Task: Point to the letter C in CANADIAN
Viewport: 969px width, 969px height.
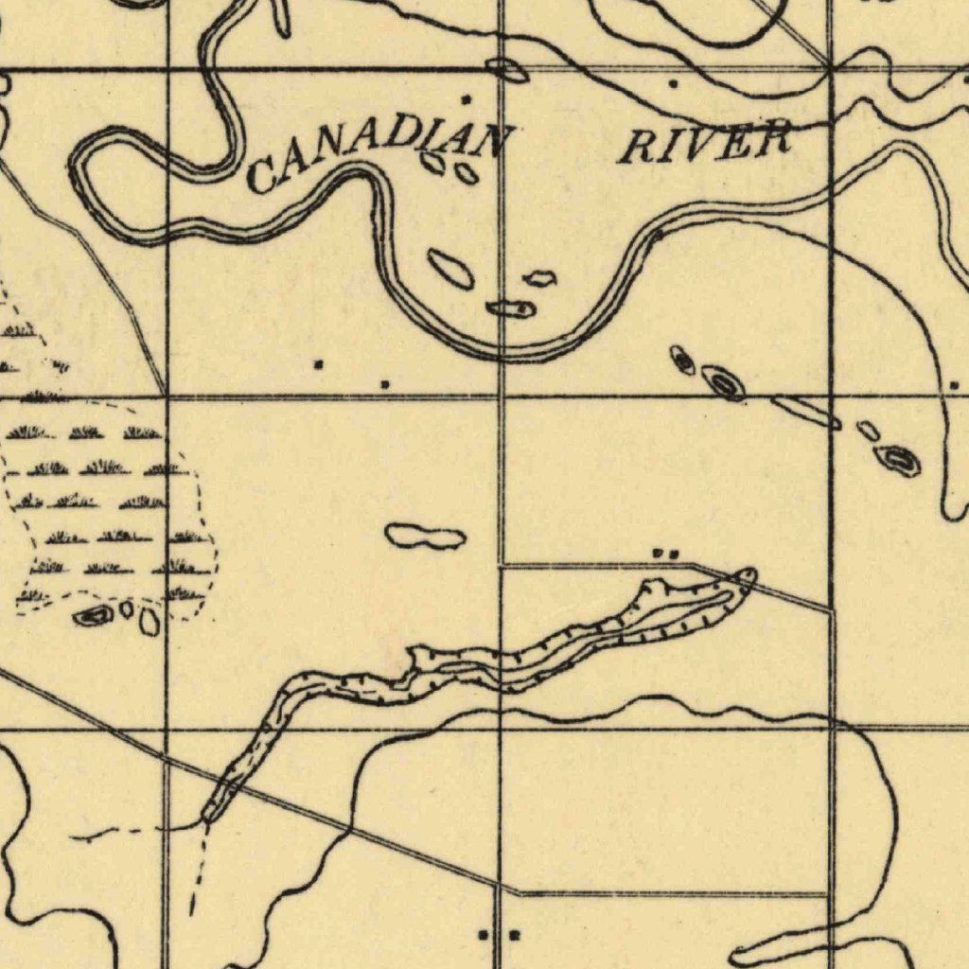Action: pyautogui.click(x=259, y=175)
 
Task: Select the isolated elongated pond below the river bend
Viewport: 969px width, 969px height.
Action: pyautogui.click(x=426, y=537)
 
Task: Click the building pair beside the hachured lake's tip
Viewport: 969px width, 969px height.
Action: pyautogui.click(x=666, y=553)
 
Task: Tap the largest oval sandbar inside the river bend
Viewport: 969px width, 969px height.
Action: pyautogui.click(x=450, y=269)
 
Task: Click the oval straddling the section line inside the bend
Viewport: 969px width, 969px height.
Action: pyautogui.click(x=511, y=308)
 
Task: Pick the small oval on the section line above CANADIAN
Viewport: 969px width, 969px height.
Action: pyautogui.click(x=505, y=68)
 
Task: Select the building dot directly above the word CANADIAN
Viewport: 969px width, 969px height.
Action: pyautogui.click(x=465, y=98)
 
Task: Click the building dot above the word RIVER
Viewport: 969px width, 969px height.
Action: pyautogui.click(x=672, y=84)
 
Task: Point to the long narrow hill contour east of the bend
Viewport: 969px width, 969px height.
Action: pyautogui.click(x=805, y=413)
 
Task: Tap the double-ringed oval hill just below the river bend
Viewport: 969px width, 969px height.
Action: pyautogui.click(x=723, y=383)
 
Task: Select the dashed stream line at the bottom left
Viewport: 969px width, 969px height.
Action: pyautogui.click(x=199, y=871)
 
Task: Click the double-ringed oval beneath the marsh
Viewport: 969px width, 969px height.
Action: pyautogui.click(x=93, y=617)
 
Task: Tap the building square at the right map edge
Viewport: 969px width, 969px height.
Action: pyautogui.click(x=954, y=385)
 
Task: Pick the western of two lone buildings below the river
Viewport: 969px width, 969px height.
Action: pyautogui.click(x=319, y=363)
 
